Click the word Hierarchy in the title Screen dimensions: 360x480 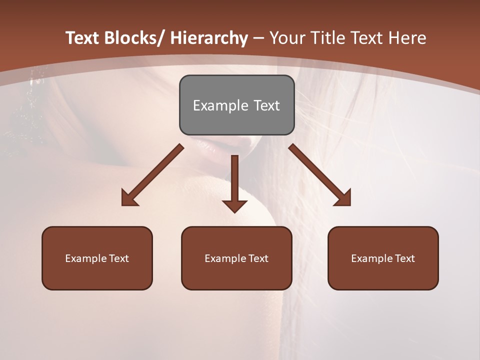click(x=208, y=38)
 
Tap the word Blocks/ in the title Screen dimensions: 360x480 click(x=134, y=38)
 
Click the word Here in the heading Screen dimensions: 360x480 click(x=408, y=38)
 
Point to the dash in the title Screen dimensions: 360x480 click(x=258, y=38)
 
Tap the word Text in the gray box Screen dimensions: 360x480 click(x=266, y=105)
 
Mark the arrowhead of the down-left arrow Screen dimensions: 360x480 click(x=129, y=198)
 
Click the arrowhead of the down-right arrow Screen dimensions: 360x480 click(x=343, y=198)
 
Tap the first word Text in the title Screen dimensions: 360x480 click(x=82, y=38)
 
